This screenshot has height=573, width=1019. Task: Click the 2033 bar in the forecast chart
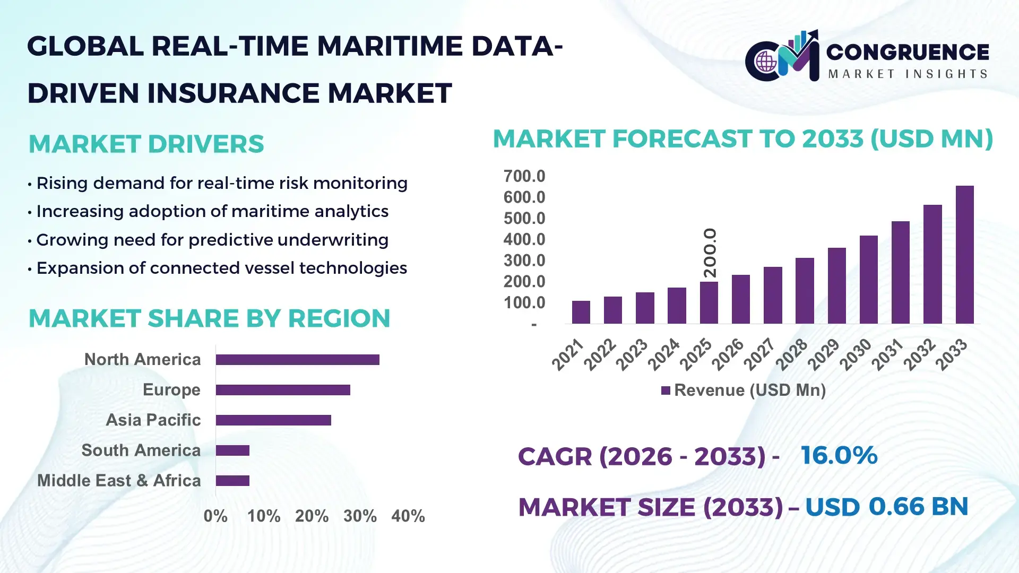coord(964,255)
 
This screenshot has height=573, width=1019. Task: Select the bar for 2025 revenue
coord(709,302)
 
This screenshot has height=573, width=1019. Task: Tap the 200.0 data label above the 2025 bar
coord(710,253)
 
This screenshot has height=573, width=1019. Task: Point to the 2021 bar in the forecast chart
coord(581,312)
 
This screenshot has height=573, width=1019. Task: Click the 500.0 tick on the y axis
coord(524,219)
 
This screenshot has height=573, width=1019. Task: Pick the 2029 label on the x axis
coord(824,354)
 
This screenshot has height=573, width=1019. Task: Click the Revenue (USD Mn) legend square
coord(666,390)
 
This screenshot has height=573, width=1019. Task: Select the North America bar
coord(297,360)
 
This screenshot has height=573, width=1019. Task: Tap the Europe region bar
coord(283,390)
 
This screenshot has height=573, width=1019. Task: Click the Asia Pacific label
coord(153,420)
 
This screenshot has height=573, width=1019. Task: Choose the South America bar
coord(232,450)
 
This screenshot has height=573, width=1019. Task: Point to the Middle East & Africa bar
coord(232,481)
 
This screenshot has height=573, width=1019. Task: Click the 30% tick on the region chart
coord(360,516)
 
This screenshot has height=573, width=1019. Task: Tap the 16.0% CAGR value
coord(839,456)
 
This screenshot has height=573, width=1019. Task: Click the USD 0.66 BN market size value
coord(886,507)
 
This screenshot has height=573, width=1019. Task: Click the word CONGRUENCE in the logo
coord(907,52)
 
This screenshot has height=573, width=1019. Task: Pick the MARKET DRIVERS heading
coord(146,144)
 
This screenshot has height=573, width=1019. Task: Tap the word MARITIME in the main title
coord(390,46)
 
